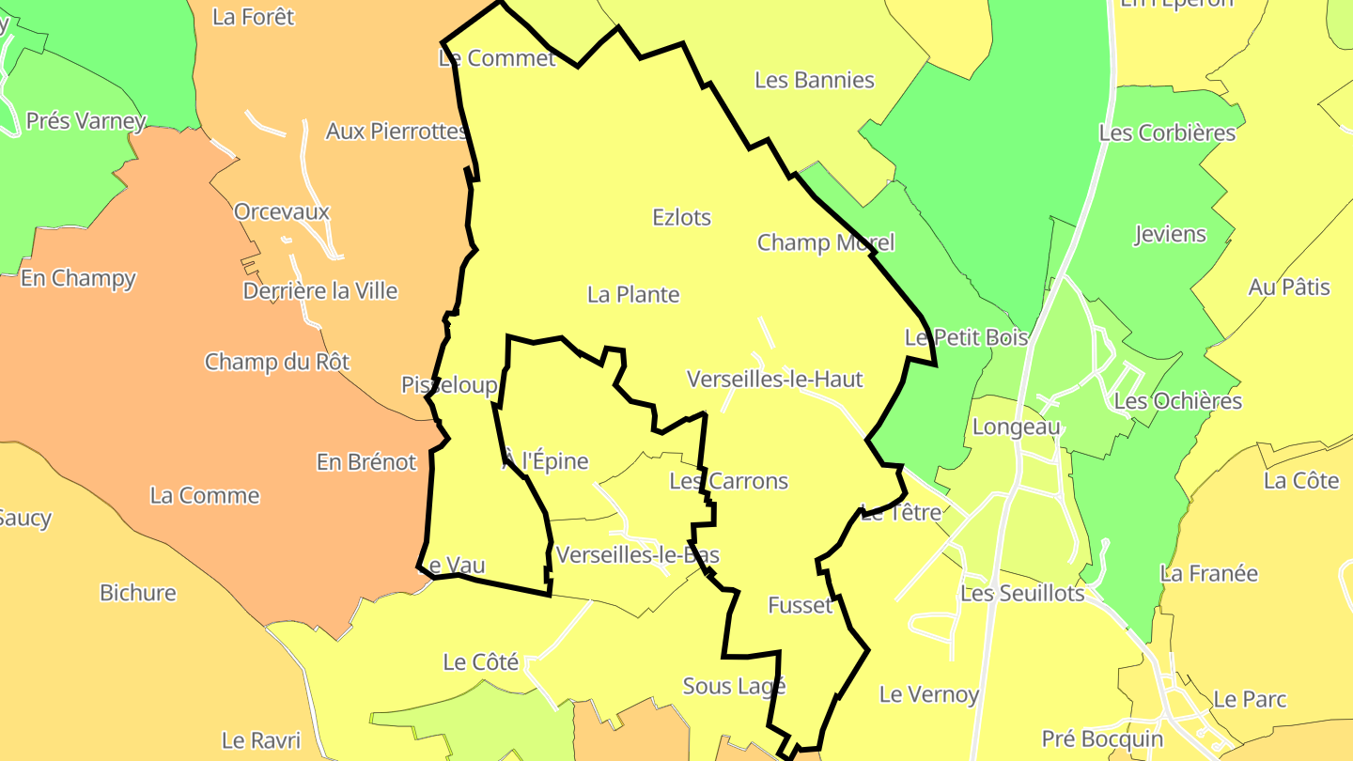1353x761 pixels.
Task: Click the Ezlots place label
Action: tap(681, 217)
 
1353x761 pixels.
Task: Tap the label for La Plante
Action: tap(633, 294)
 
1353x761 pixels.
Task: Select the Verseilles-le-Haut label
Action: tap(774, 380)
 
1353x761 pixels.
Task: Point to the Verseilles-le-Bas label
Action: tap(637, 555)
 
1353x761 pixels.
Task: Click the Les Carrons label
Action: tap(728, 481)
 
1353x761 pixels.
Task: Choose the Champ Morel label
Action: tap(826, 242)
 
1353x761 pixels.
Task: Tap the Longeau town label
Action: tap(1016, 427)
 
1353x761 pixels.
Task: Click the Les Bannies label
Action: tap(815, 80)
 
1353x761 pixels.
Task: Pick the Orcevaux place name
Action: tap(282, 211)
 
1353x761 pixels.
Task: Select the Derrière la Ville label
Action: tap(320, 291)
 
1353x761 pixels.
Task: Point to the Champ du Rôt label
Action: tap(277, 362)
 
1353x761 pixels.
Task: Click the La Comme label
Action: tap(205, 495)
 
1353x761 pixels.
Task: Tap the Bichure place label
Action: tap(138, 593)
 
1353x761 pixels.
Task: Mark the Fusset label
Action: tap(801, 605)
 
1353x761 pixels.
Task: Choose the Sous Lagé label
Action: tap(734, 686)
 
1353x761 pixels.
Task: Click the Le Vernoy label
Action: tap(928, 694)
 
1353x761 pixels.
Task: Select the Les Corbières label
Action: tap(1167, 132)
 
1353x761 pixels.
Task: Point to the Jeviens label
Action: tap(1170, 234)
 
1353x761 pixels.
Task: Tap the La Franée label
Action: tap(1208, 573)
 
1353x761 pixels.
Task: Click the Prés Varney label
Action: tap(86, 121)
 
